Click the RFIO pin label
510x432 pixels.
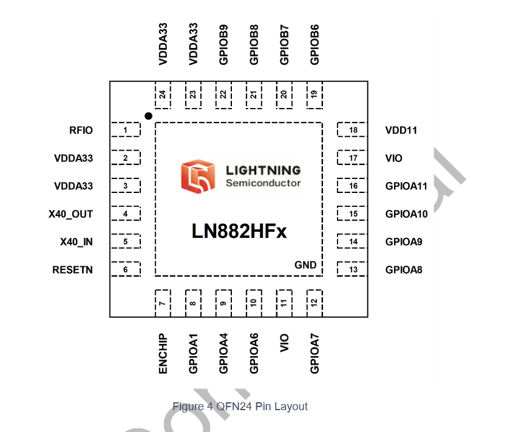[81, 130]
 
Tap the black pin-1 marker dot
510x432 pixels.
[148, 115]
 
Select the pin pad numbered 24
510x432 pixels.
[163, 95]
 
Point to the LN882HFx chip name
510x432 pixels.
[239, 232]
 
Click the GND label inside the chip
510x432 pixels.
[305, 265]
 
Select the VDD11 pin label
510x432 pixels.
[401, 130]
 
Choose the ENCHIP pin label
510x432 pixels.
[163, 353]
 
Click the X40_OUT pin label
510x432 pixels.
[70, 214]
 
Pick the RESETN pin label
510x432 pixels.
[73, 270]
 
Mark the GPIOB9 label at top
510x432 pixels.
[223, 44]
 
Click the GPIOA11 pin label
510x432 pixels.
[406, 186]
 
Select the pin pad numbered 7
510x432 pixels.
[163, 302]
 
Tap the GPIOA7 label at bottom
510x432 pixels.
[314, 353]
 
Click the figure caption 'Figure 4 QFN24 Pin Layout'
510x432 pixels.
[240, 407]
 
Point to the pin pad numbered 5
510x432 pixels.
[125, 242]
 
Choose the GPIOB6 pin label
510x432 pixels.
[314, 44]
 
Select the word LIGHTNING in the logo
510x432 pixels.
[263, 170]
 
